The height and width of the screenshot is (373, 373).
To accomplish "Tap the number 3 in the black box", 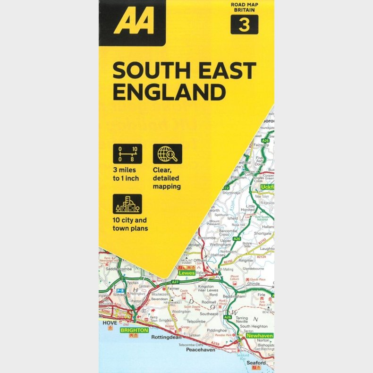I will coord(244,25).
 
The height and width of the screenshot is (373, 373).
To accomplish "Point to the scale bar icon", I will coord(127,154).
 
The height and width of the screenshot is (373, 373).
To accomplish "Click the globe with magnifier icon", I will coord(167,154).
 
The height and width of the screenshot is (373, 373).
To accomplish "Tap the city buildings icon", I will coord(127,204).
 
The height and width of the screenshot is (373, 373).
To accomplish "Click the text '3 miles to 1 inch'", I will coord(126,175).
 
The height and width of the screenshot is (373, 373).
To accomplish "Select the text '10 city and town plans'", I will coord(130,224).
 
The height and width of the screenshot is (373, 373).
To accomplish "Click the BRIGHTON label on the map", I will coord(134,331).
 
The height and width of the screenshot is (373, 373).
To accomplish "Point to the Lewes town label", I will coord(187,273).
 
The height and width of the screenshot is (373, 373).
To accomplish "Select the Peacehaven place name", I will coord(200,350).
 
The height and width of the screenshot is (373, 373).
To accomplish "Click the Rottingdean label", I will coord(166,338).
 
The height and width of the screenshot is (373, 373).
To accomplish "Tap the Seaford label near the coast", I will coord(256,363).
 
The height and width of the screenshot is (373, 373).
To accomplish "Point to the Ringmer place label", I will coord(246,260).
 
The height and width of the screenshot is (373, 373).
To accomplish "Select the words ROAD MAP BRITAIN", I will coord(245,7).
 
